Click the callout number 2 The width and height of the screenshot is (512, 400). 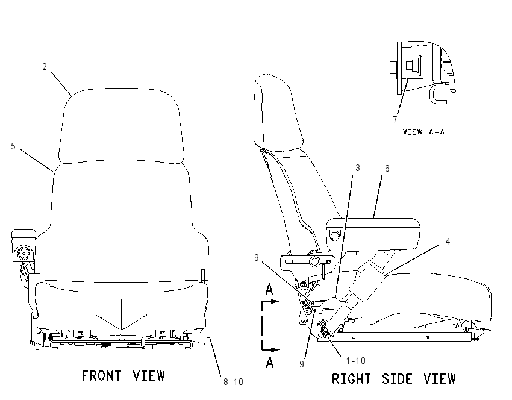tap(45, 67)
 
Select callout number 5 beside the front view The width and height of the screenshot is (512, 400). tap(13, 146)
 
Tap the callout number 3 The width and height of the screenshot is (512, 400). tap(358, 168)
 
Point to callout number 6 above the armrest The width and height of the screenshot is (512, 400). tap(387, 169)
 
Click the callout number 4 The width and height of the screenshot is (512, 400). tap(448, 242)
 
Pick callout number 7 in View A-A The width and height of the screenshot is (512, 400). tap(395, 120)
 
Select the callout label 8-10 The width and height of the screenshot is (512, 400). tap(233, 382)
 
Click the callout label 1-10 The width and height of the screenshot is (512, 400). tap(355, 361)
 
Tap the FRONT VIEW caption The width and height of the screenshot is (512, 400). tap(123, 376)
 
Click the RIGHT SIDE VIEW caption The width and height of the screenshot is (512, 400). tap(393, 379)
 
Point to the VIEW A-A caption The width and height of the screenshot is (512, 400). tap(423, 132)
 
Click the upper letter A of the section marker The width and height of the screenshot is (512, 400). tap(269, 290)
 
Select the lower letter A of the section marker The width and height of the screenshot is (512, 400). tap(270, 363)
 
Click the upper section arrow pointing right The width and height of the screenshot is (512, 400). tap(270, 301)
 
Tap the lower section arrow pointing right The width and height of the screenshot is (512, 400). tap(270, 350)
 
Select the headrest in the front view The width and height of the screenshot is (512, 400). tap(122, 125)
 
